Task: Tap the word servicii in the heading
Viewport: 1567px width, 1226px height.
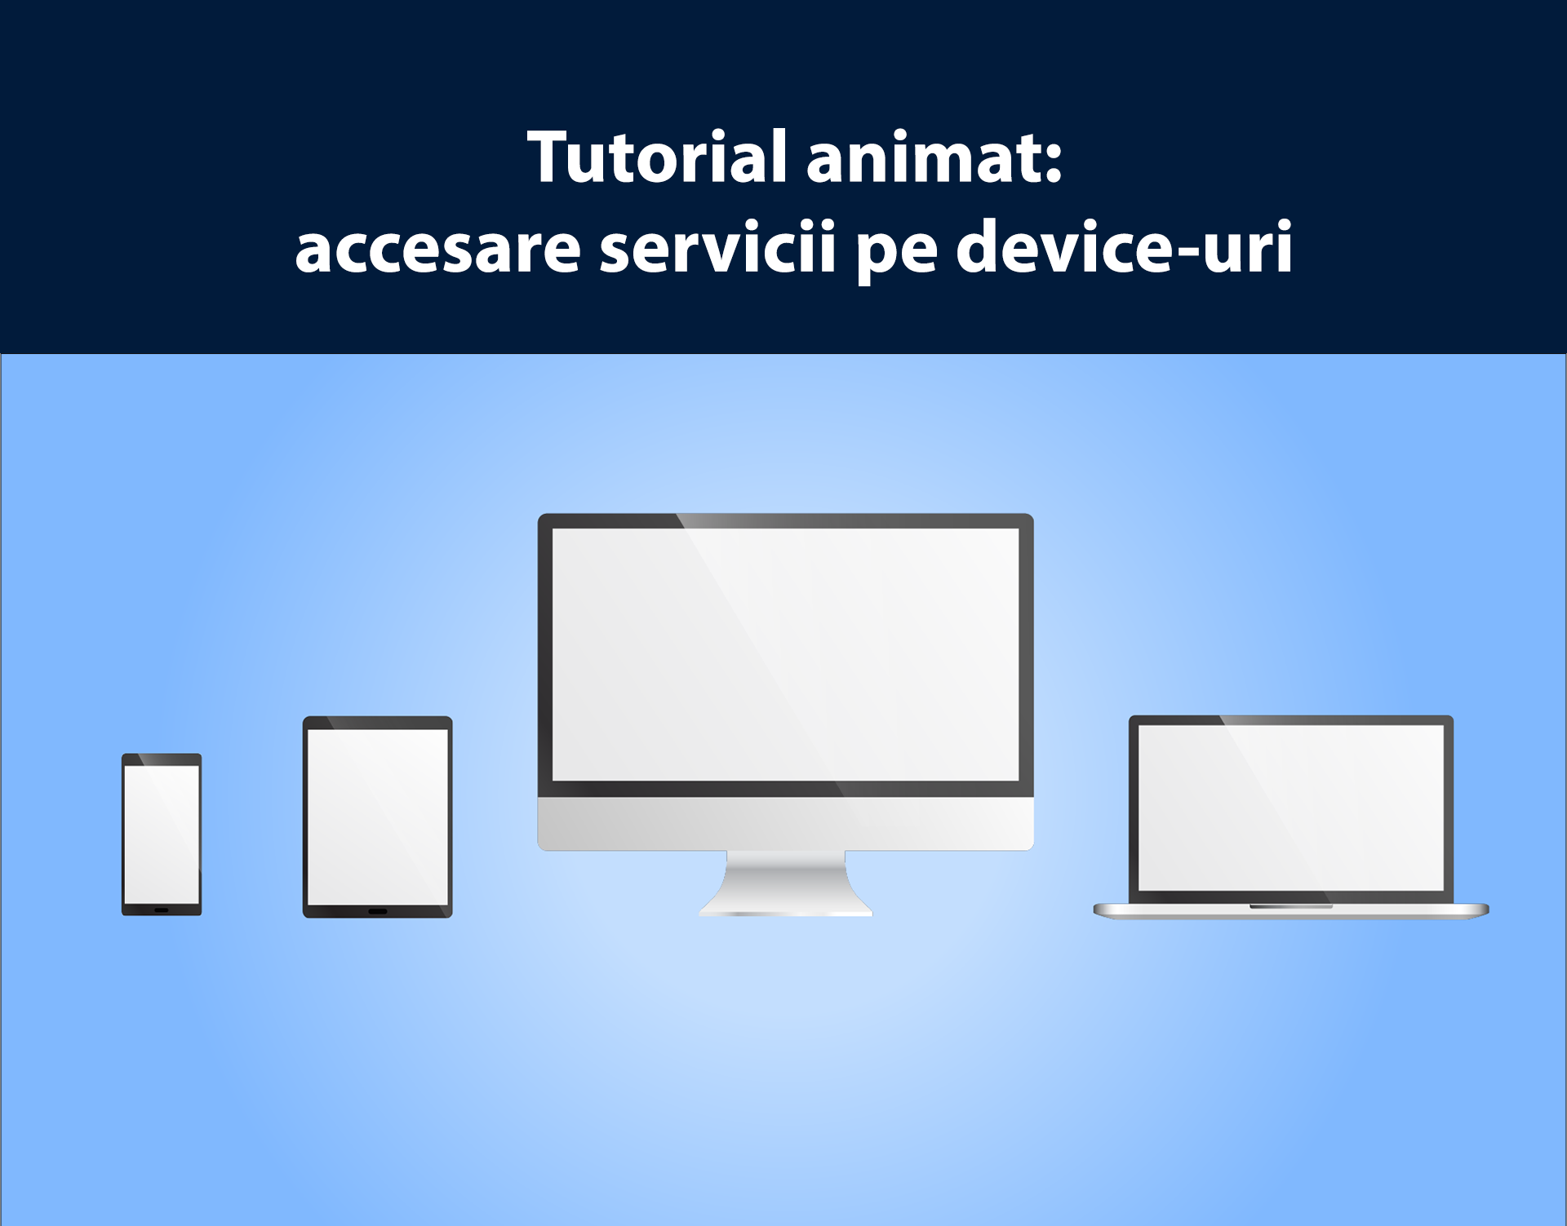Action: click(718, 245)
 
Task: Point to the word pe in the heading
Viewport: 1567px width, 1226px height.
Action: click(897, 254)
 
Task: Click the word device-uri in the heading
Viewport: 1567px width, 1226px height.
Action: click(1124, 244)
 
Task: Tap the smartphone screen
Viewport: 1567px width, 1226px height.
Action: click(162, 834)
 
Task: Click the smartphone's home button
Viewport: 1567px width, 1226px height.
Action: click(162, 910)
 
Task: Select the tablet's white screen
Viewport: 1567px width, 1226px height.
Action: click(378, 817)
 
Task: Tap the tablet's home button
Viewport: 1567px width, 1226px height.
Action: click(378, 911)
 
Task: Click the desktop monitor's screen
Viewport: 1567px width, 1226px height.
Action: click(786, 654)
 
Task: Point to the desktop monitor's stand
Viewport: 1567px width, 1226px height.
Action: click(785, 883)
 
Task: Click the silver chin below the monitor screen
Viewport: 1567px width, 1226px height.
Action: click(785, 824)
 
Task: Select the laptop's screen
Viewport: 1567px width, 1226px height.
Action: click(1291, 808)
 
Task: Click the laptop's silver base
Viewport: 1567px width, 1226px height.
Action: click(1291, 911)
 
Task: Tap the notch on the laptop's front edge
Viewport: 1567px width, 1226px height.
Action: click(1291, 906)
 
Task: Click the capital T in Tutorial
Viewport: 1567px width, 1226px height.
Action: click(553, 157)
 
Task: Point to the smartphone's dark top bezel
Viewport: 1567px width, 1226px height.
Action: click(162, 759)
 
